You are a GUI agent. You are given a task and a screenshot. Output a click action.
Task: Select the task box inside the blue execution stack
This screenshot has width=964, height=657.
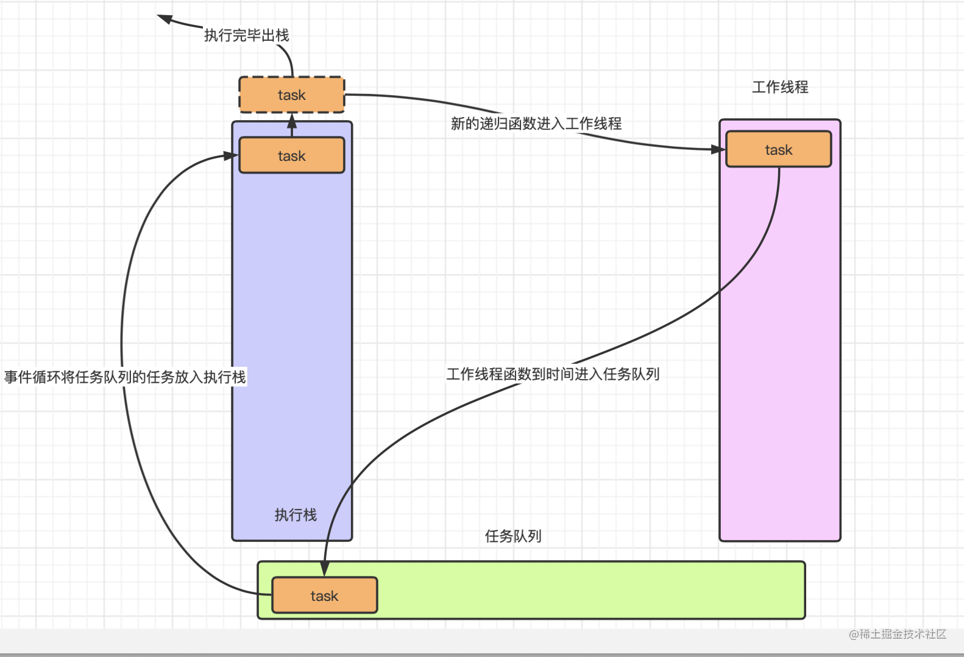pyautogui.click(x=291, y=156)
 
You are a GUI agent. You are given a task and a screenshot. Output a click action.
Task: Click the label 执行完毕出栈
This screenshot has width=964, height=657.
pyautogui.click(x=246, y=35)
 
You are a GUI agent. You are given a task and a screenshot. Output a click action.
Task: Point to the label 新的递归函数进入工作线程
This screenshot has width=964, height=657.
pyautogui.click(x=536, y=124)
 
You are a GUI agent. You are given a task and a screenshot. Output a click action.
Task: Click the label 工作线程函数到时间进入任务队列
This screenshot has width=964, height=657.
pyautogui.click(x=553, y=374)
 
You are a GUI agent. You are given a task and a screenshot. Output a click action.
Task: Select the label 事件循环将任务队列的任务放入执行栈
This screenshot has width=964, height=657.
pyautogui.click(x=125, y=377)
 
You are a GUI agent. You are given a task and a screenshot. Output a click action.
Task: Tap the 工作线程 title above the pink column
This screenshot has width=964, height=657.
pyautogui.click(x=780, y=87)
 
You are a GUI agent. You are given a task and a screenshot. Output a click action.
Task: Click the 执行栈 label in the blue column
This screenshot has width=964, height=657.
pyautogui.click(x=296, y=515)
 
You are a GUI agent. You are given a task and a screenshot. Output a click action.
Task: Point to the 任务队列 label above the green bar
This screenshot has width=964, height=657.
pyautogui.click(x=513, y=536)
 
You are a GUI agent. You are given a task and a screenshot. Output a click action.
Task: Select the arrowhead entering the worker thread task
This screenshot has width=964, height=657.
pyautogui.click(x=718, y=149)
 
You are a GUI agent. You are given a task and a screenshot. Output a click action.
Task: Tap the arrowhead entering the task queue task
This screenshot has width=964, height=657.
pyautogui.click(x=325, y=569)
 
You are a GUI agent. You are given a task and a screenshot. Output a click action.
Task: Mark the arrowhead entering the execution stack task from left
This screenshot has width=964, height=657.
pyautogui.click(x=230, y=156)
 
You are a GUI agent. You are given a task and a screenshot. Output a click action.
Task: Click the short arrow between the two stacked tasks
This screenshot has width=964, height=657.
pyautogui.click(x=292, y=125)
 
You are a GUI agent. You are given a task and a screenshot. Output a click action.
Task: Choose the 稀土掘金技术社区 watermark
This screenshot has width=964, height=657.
pyautogui.click(x=898, y=634)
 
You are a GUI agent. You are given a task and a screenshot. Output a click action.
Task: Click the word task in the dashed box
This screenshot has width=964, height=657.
pyautogui.click(x=291, y=95)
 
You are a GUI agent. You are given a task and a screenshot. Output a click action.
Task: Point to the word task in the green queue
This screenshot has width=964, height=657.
pyautogui.click(x=324, y=596)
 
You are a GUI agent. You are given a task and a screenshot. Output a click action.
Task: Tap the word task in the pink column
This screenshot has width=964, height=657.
pyautogui.click(x=779, y=150)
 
